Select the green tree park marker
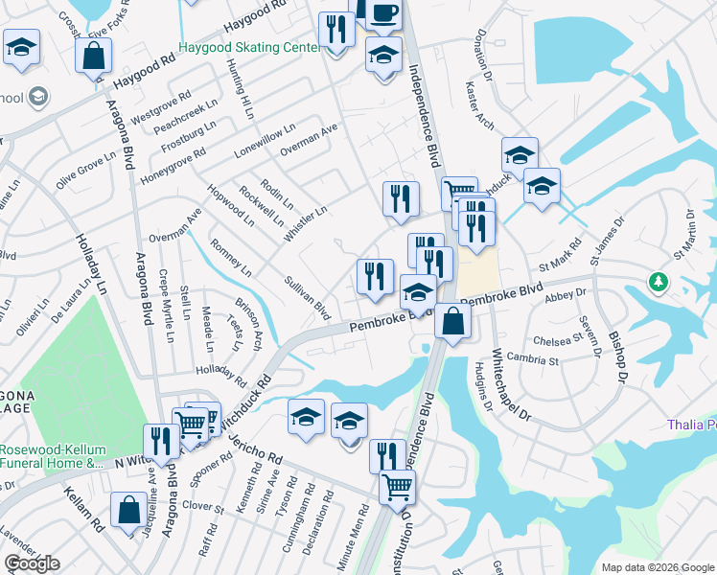[x=658, y=282]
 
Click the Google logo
[x=32, y=563]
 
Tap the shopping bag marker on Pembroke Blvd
[x=452, y=321]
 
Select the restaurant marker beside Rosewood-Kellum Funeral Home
[x=161, y=441]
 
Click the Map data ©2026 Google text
[x=657, y=566]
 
